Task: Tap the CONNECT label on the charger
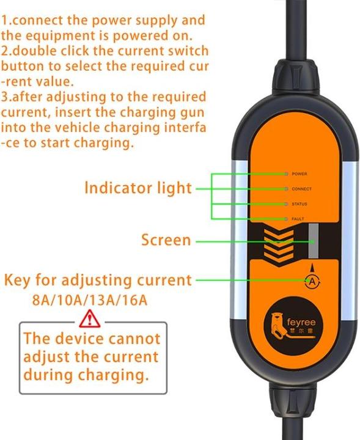tap(301, 189)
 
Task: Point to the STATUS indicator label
tap(299, 204)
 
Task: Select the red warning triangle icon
tap(91, 318)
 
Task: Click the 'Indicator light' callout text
tap(138, 188)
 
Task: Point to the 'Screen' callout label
tap(166, 240)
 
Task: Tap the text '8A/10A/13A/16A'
tap(89, 299)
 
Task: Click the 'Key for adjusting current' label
tap(98, 280)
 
